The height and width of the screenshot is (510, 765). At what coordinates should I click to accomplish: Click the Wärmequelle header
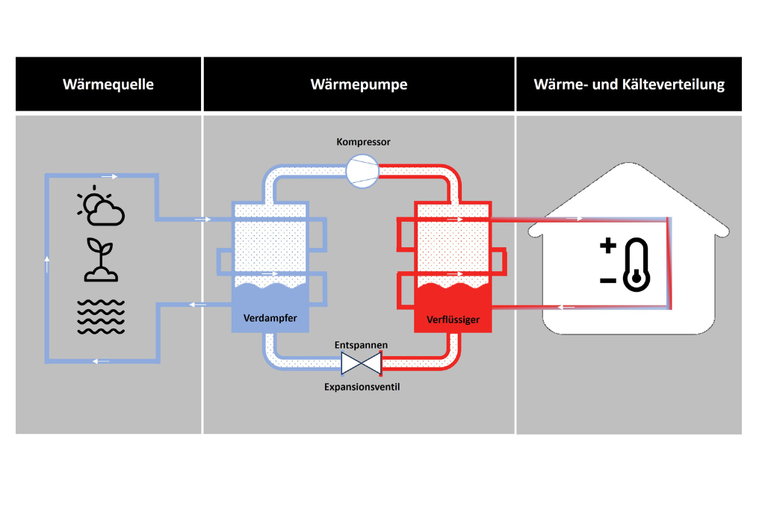[x=108, y=84]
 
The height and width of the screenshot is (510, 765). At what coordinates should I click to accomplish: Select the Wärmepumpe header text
[x=359, y=84]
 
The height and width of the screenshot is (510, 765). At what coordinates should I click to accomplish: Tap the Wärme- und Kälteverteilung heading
[x=629, y=84]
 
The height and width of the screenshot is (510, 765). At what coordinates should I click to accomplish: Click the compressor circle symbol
[x=362, y=170]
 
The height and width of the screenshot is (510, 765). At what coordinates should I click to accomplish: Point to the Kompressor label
[x=362, y=142]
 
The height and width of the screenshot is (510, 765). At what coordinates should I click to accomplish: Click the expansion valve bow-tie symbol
[x=361, y=364]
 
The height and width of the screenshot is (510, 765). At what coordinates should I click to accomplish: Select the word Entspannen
[x=362, y=344]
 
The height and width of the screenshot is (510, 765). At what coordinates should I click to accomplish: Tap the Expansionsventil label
[x=362, y=387]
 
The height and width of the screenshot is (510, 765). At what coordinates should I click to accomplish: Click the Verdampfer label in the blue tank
[x=270, y=318]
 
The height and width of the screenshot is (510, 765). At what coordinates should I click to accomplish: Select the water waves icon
[x=101, y=316]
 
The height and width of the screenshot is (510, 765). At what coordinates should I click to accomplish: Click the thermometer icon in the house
[x=637, y=264]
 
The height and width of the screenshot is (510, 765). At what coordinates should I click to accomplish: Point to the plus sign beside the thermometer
[x=608, y=246]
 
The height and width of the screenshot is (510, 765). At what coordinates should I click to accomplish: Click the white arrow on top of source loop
[x=110, y=177]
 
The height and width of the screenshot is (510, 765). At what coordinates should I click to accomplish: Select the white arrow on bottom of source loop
[x=101, y=361]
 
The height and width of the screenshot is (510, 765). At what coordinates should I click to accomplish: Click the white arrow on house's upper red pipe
[x=574, y=219]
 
